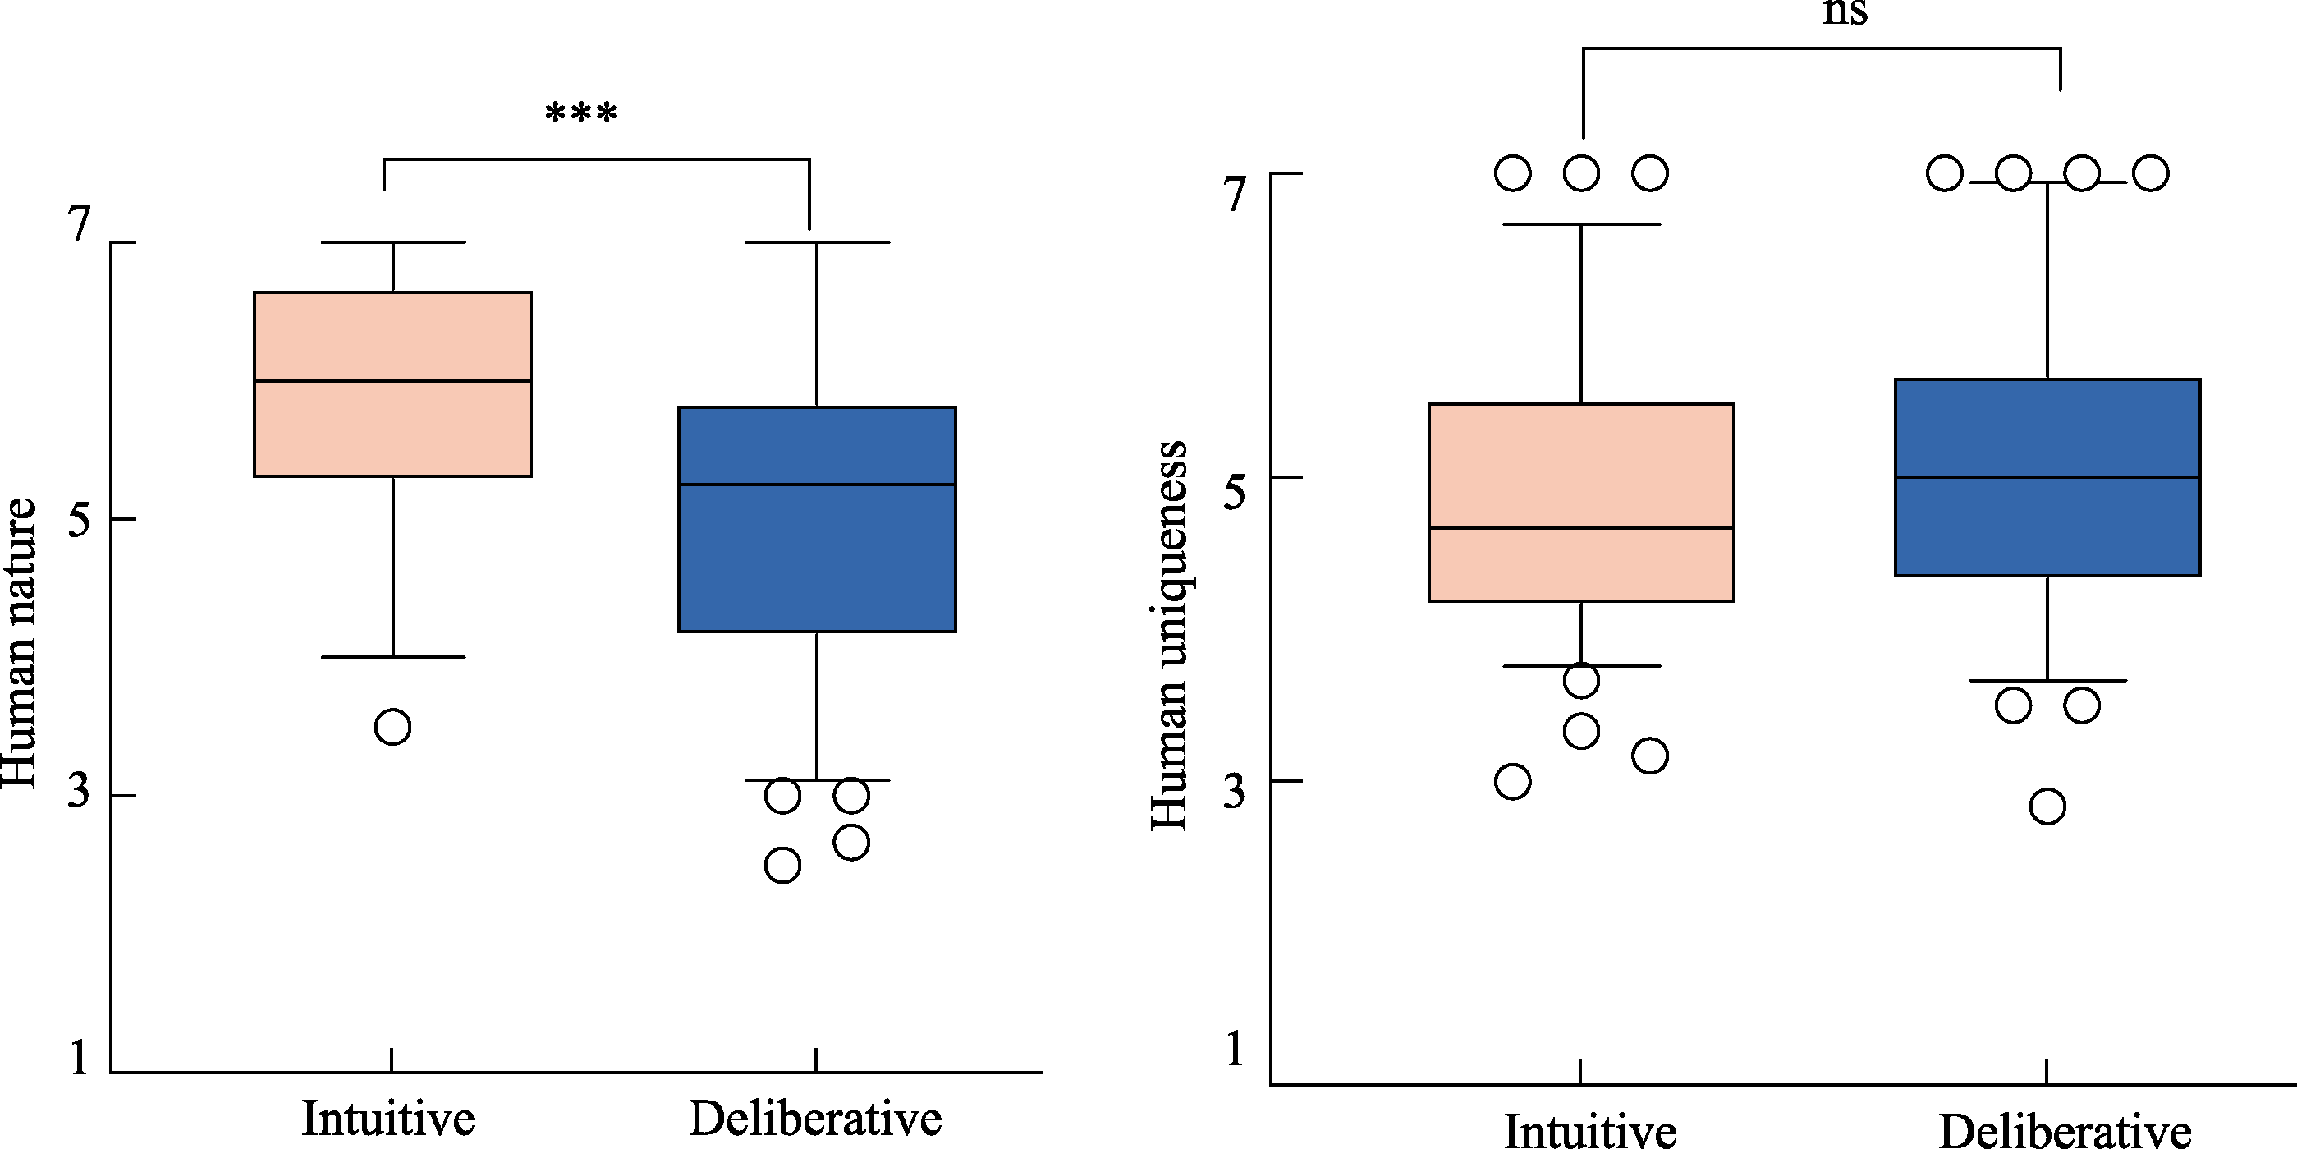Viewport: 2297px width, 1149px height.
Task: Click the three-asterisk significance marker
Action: tap(580, 114)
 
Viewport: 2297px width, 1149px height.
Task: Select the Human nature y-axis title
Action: tap(20, 642)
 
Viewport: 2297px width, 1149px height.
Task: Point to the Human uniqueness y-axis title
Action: tap(1169, 635)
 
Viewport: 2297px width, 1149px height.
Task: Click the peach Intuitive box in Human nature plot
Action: tap(392, 428)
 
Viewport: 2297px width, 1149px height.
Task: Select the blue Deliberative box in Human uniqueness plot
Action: tap(2047, 526)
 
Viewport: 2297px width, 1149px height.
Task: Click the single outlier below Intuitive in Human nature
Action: tap(392, 727)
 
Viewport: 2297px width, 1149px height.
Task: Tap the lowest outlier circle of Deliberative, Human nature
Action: tap(782, 866)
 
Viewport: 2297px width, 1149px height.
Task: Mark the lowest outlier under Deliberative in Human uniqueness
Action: tap(2047, 807)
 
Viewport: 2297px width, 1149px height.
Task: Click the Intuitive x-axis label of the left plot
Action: tap(387, 1119)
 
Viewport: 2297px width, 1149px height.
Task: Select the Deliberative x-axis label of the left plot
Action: tap(815, 1119)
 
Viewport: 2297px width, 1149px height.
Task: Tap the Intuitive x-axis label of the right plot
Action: tap(1590, 1131)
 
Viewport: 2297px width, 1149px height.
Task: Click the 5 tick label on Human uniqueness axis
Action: tap(1234, 490)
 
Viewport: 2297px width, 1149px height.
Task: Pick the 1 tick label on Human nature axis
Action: tap(80, 1057)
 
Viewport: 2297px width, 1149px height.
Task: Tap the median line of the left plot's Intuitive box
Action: tap(392, 381)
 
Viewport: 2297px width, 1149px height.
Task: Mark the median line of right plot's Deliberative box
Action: tap(2047, 477)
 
